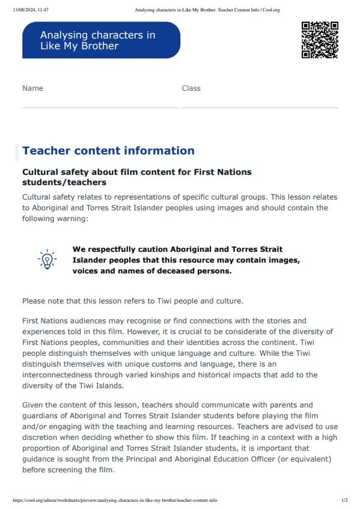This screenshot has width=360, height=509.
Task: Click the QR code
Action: click(320, 40)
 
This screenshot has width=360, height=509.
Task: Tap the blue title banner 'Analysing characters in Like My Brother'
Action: click(101, 40)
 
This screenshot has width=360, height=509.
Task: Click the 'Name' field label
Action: click(32, 88)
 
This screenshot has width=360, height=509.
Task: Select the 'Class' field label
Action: click(191, 88)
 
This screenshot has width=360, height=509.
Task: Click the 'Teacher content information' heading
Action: click(108, 151)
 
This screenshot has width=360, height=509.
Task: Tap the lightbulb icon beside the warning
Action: click(47, 260)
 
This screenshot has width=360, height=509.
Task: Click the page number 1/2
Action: click(344, 500)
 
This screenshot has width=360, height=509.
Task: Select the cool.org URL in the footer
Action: click(115, 500)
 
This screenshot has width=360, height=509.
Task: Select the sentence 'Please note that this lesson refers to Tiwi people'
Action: click(132, 301)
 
